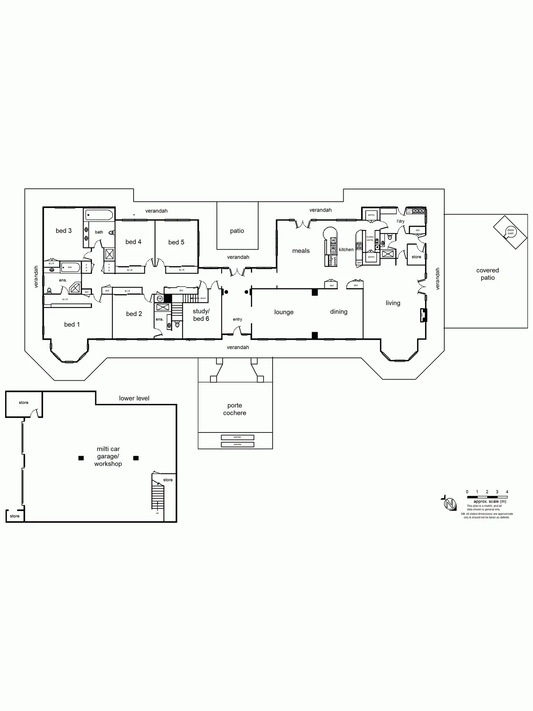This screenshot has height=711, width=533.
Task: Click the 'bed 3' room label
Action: coord(64,231)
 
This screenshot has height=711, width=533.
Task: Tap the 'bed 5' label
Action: coord(176,242)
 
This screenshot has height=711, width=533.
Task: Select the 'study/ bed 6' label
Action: coord(201,315)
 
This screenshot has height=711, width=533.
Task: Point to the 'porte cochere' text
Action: coord(235,409)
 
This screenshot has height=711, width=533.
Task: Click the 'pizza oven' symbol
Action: coord(510,232)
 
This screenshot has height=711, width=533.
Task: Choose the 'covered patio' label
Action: coord(487,274)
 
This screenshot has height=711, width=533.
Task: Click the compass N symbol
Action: coord(450,503)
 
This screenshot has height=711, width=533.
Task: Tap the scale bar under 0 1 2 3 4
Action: coord(487,497)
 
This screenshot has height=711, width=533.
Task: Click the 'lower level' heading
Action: coord(134,398)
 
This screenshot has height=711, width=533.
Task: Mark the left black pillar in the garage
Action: coord(81,458)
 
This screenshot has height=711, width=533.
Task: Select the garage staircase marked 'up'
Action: coord(158,496)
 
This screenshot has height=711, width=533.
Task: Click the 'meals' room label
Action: coord(301,251)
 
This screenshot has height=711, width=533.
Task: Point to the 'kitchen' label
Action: coord(346,250)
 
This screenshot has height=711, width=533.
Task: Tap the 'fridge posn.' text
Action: coord(333,261)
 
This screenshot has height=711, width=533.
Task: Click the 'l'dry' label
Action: coord(400,221)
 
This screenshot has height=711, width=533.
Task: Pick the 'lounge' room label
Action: coord(284,312)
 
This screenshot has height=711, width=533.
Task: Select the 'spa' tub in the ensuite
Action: coord(70,267)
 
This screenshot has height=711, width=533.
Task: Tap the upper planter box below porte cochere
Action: coord(238,437)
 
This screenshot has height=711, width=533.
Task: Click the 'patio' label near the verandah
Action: coord(237,231)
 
